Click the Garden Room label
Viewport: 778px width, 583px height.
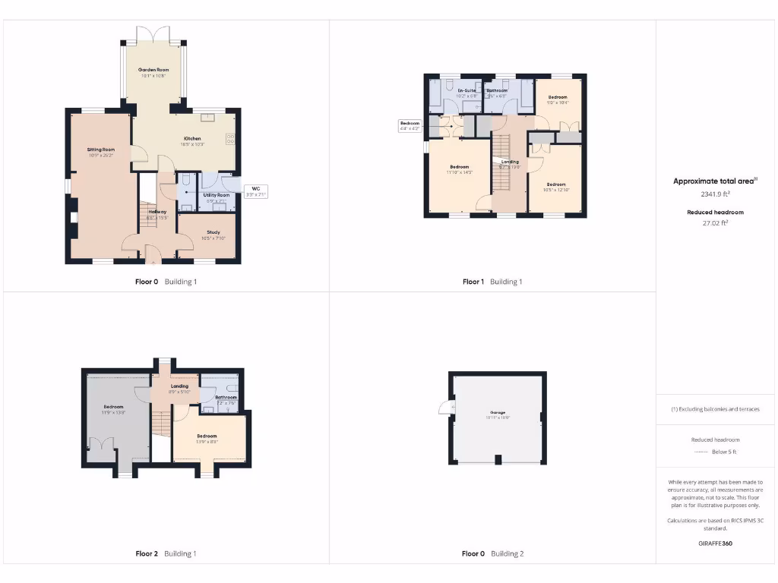point(153,69)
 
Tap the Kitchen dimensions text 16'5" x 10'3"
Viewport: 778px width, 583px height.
point(192,144)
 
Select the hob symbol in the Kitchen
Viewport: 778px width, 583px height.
point(230,138)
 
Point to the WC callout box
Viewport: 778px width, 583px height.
point(255,191)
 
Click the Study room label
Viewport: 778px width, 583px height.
point(213,233)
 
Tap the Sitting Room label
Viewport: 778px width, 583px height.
point(100,150)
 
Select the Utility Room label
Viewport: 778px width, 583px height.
point(216,195)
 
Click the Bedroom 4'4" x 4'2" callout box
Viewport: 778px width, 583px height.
point(410,126)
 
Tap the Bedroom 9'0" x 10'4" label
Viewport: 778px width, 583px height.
point(558,97)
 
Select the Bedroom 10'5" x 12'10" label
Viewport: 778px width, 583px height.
point(556,184)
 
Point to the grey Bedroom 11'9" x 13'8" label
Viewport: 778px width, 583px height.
point(113,407)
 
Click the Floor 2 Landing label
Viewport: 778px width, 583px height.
point(179,386)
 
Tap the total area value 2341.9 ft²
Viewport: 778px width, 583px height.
point(716,195)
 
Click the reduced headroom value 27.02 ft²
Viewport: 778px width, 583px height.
point(715,223)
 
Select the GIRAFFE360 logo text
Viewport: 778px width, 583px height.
point(716,544)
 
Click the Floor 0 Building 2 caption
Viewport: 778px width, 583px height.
point(492,553)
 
